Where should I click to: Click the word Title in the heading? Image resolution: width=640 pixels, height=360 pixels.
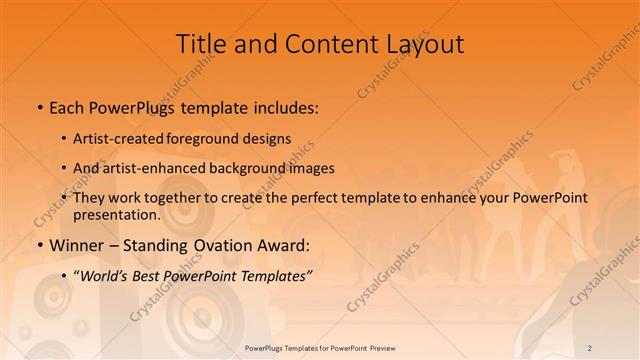pyautogui.click(x=198, y=44)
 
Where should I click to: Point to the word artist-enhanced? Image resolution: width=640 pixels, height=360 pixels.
pyautogui.click(x=150, y=168)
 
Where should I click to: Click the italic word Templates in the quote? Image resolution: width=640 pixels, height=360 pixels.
pyautogui.click(x=274, y=275)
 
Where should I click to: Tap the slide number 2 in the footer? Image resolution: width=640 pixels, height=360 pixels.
pyautogui.click(x=590, y=347)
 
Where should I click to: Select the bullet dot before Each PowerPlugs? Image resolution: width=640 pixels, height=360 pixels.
pyautogui.click(x=39, y=107)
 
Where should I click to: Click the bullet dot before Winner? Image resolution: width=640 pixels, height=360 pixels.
pyautogui.click(x=39, y=246)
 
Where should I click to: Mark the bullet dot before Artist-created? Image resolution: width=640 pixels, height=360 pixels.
pyautogui.click(x=65, y=139)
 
